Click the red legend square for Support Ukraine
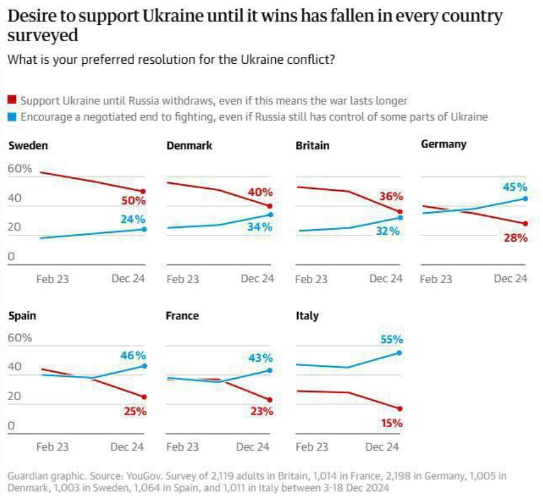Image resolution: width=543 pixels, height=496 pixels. click(11, 100)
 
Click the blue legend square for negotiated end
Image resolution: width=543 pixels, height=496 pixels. click(11, 117)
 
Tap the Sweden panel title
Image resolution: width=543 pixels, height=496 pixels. click(28, 146)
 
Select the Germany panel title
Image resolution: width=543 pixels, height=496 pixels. click(444, 144)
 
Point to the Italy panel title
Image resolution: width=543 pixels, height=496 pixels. click(307, 316)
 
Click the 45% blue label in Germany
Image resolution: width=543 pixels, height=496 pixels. click(516, 187)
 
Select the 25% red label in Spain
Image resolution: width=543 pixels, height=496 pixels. click(135, 411)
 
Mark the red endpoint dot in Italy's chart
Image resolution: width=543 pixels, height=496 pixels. click(399, 408)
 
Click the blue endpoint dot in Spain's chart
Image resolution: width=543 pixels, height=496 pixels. click(144, 366)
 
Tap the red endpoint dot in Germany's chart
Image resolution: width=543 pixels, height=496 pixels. click(525, 223)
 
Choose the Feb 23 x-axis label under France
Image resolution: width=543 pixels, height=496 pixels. click(183, 447)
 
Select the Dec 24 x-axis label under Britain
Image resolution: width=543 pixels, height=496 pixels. click(386, 279)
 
